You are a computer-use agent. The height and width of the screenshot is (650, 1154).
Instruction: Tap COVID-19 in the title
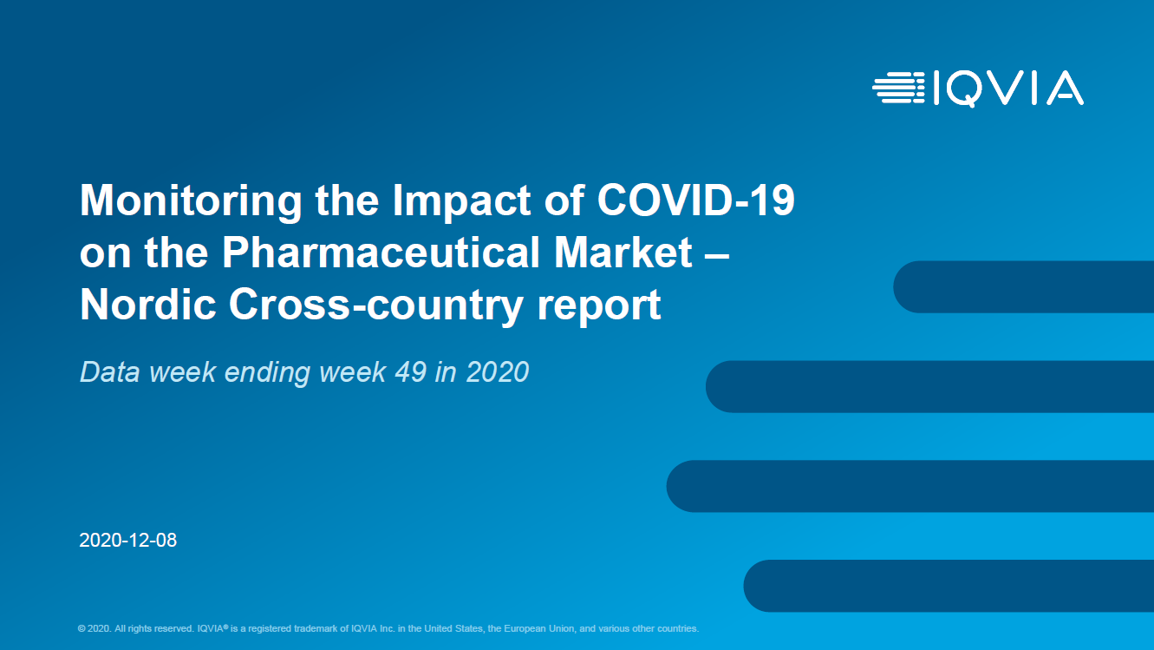(695, 200)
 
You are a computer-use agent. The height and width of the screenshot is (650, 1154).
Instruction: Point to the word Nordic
(148, 304)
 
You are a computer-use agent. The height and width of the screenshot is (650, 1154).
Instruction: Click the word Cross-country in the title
(376, 305)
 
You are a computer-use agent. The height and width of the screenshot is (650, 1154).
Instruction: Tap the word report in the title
(599, 307)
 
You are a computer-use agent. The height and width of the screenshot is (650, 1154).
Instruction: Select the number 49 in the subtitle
(411, 371)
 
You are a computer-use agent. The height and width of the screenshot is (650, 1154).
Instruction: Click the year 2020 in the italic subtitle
(498, 371)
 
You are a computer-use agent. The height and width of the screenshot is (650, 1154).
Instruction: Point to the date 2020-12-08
(127, 540)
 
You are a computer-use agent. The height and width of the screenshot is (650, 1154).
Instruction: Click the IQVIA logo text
(1008, 89)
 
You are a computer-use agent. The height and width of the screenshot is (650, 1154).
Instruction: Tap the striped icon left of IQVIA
(898, 89)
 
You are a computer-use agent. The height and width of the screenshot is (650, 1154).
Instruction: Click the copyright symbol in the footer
(81, 628)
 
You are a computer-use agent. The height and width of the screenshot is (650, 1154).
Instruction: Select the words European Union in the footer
(539, 628)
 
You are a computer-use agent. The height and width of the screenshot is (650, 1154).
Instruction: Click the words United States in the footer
(453, 628)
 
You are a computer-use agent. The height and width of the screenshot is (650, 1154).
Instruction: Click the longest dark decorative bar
(910, 486)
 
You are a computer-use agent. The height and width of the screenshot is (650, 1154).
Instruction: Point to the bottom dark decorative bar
(949, 586)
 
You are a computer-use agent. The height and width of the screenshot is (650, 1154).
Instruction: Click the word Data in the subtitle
(110, 371)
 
